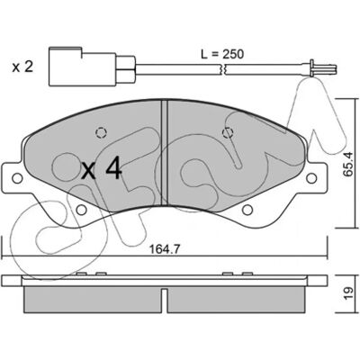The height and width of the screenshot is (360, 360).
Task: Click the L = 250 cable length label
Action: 222,54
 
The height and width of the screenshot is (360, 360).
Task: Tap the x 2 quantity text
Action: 22,67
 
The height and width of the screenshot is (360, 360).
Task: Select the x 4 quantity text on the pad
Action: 102,170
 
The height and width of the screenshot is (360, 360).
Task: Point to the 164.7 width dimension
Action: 165,249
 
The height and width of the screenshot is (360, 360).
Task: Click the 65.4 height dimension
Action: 348,164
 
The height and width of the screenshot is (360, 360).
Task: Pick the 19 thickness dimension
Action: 348,293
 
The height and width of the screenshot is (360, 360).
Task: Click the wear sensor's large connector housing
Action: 83,66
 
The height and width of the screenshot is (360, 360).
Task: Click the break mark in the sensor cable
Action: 222,68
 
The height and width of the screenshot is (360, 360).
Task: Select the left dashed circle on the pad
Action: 101,132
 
